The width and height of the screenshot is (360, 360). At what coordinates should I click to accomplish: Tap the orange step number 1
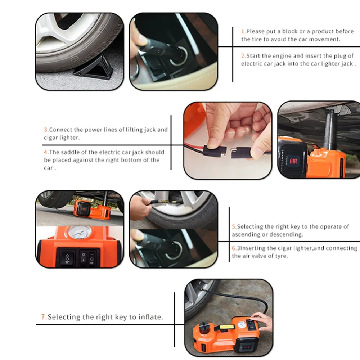pyautogui.click(x=243, y=31)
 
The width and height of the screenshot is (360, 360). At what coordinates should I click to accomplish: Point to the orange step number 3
pyautogui.click(x=46, y=130)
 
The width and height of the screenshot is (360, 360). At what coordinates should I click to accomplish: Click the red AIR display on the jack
pyautogui.click(x=293, y=161)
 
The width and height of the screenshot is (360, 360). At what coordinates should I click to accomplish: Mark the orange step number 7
pyautogui.click(x=43, y=317)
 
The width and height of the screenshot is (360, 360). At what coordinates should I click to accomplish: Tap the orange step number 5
pyautogui.click(x=234, y=226)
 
